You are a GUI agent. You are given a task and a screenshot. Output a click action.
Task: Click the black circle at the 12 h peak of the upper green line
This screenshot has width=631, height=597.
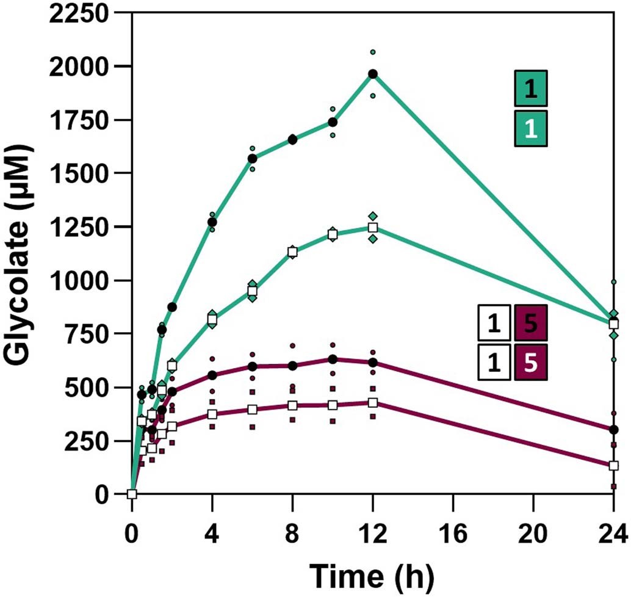coord(373,74)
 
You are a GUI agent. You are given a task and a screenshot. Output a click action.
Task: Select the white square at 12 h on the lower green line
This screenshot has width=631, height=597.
coord(373,228)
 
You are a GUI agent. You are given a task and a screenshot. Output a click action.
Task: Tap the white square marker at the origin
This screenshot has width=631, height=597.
coord(132,494)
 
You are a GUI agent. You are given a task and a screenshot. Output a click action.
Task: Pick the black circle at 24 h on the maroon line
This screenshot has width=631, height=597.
coord(614,430)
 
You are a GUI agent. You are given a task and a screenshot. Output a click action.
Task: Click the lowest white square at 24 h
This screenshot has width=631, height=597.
coord(614,465)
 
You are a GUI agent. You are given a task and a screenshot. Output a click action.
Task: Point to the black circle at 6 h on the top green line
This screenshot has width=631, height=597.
coord(252,159)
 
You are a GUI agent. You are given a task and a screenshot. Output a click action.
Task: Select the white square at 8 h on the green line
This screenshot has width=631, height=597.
coord(292,251)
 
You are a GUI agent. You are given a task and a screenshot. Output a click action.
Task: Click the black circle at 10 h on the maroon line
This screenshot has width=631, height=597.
coord(333,359)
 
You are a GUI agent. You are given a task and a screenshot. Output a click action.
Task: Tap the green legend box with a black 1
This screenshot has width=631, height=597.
coord(531,89)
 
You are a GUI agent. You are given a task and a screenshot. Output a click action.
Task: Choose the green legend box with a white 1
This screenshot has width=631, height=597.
coord(531,128)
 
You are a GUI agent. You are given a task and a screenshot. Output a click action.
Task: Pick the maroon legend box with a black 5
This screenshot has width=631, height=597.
coord(531,324)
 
